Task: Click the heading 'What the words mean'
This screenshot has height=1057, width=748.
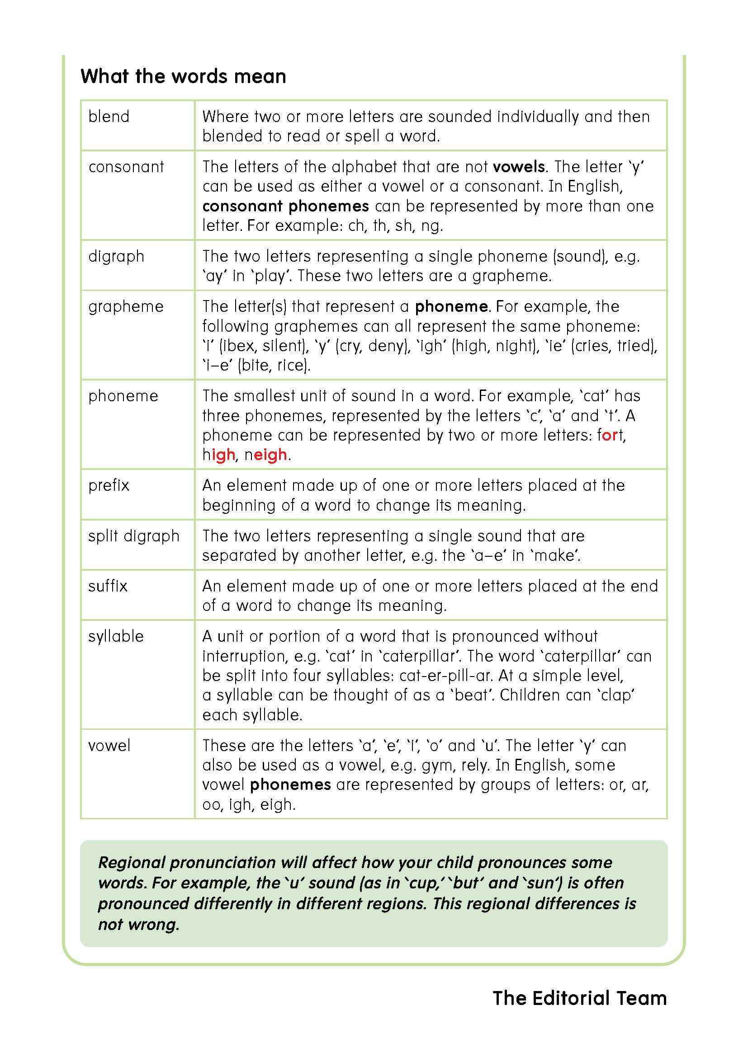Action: (183, 76)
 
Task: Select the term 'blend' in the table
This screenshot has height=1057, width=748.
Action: (109, 117)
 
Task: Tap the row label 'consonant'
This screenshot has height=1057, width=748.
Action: (126, 167)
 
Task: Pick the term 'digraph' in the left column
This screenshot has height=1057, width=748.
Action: (116, 256)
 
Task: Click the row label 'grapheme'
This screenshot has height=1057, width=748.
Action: (126, 306)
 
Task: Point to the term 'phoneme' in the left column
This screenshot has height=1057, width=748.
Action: (123, 396)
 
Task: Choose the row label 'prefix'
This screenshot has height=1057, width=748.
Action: (109, 485)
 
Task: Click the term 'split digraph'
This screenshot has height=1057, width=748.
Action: (133, 536)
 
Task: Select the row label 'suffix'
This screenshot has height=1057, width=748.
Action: (108, 586)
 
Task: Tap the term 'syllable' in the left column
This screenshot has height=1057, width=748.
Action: (116, 636)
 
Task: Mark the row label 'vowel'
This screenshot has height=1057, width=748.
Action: (109, 745)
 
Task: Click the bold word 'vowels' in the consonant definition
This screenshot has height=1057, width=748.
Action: (519, 167)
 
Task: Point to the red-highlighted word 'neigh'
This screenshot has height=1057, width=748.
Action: (266, 455)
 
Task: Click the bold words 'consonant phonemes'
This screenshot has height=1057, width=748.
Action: (285, 206)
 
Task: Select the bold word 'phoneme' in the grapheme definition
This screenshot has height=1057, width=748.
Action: (451, 306)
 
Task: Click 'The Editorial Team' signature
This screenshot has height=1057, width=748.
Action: (579, 998)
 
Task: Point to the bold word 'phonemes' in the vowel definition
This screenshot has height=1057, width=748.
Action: (290, 785)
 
